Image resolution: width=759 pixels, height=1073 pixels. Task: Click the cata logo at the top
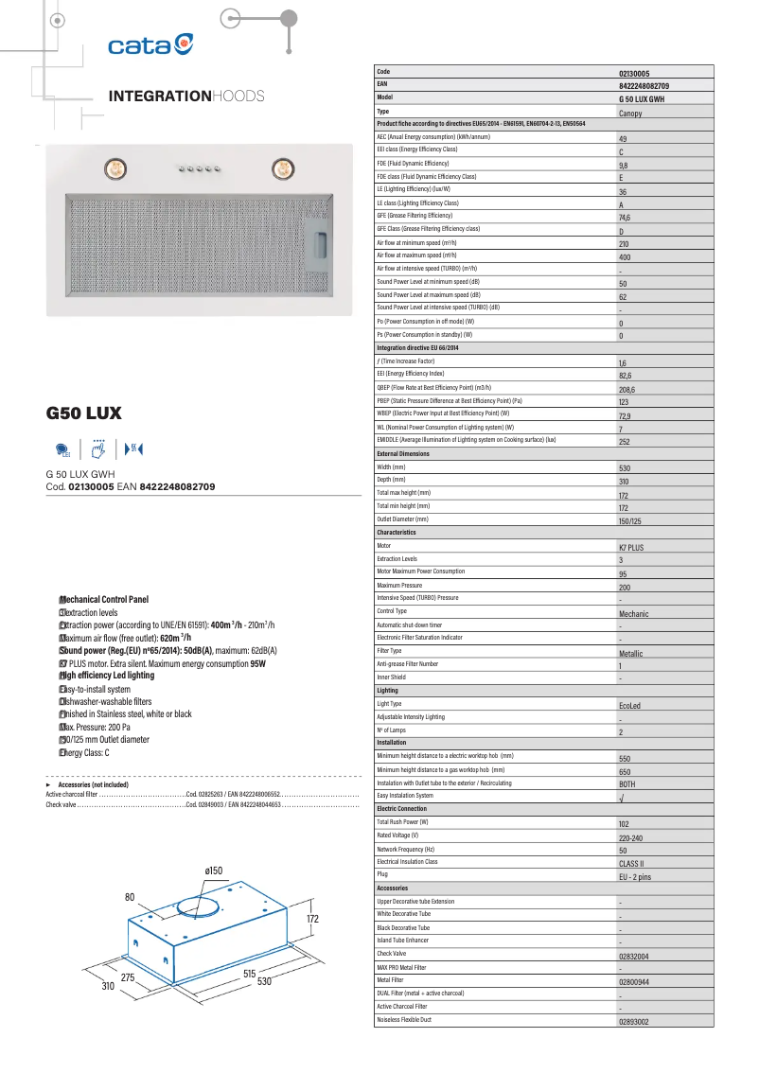pos(150,45)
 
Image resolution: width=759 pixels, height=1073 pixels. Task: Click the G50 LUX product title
pos(83,413)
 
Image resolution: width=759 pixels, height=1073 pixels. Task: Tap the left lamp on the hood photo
pos(113,168)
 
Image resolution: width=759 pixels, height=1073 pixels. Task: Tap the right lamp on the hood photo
pos(281,168)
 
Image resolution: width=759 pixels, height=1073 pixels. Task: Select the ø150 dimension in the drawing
pos(213,871)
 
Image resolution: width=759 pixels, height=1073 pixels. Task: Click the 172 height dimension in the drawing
pos(312,919)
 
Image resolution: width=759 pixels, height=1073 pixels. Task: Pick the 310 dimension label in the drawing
pos(108,986)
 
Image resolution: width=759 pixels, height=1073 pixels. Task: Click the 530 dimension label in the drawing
pos(264,982)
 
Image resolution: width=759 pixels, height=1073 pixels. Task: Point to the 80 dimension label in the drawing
pos(131,896)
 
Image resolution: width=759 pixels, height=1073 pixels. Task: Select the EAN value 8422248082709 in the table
pos(650,85)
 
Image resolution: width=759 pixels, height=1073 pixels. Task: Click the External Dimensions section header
pos(403,454)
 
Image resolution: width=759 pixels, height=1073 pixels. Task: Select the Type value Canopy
pos(630,113)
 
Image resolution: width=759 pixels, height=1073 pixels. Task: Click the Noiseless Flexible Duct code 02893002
pos(634,1022)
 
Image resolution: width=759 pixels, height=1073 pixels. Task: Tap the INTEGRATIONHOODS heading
pos(186,97)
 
